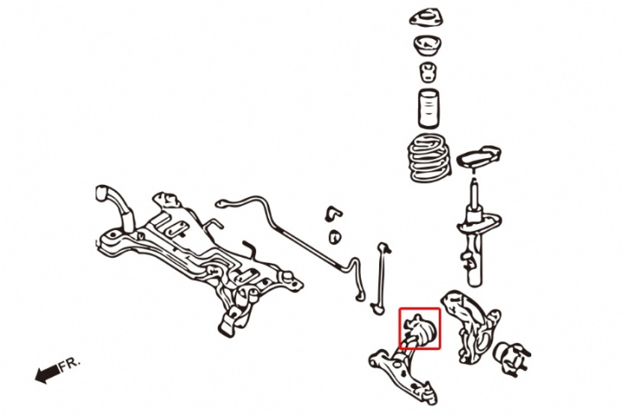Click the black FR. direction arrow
(x=48, y=373)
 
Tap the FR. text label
(x=70, y=365)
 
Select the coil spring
(x=429, y=158)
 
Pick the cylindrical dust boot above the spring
(x=428, y=108)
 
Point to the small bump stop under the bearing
(x=428, y=73)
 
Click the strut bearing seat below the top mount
(x=428, y=47)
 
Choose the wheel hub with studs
(x=511, y=357)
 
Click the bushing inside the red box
(x=421, y=329)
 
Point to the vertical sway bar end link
(x=380, y=278)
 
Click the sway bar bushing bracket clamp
(x=333, y=214)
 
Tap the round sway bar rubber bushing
(x=336, y=237)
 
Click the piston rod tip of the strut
(x=473, y=181)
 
